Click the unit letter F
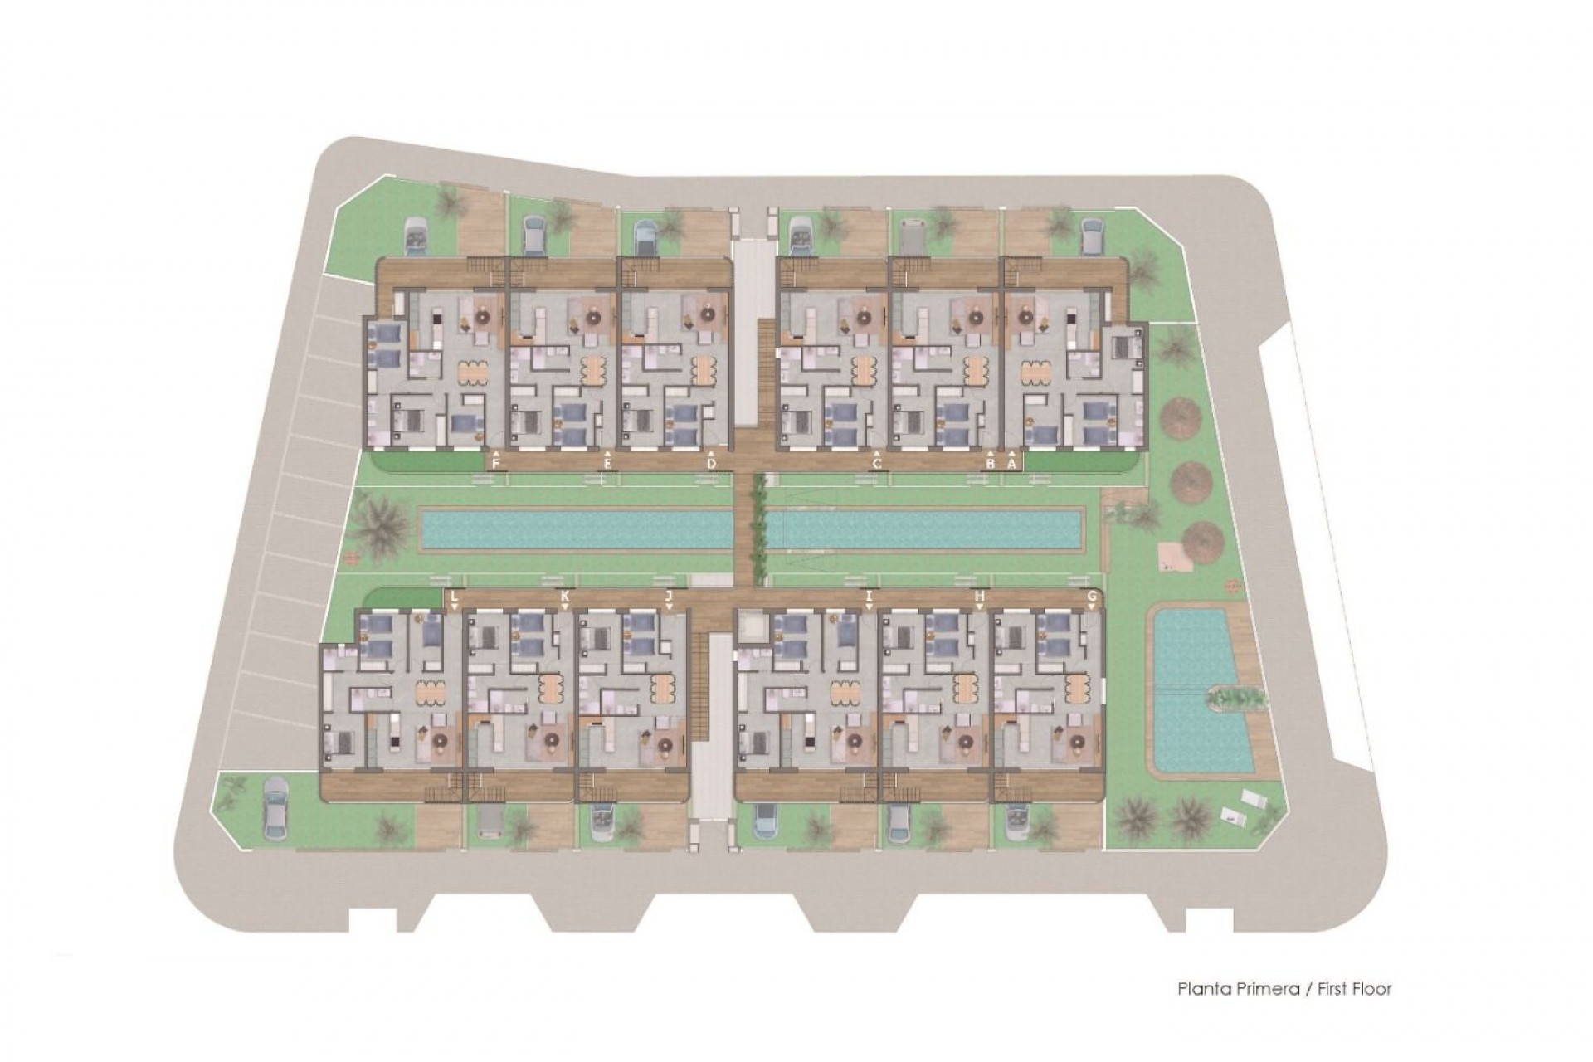point(496,464)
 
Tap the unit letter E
point(608,464)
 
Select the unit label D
point(711,464)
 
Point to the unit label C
point(877,464)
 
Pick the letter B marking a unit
point(990,464)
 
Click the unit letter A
point(1011,464)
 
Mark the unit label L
point(453,596)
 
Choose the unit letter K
point(565,596)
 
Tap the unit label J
point(668,596)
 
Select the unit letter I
point(869,596)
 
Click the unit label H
point(979,596)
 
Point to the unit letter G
point(1092,596)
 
